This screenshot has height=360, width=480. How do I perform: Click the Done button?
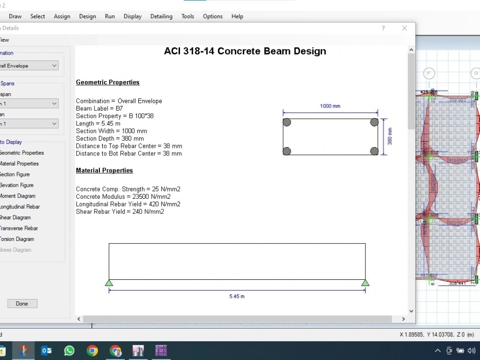tap(22, 303)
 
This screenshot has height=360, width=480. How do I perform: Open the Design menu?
tap(87, 16)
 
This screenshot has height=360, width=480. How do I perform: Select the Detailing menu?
tap(161, 16)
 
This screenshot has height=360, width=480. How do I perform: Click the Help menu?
tap(237, 16)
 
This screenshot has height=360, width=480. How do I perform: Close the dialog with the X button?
tap(404, 28)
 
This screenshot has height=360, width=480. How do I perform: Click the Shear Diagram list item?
tap(15, 217)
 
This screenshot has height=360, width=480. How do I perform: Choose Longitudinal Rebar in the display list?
tap(19, 207)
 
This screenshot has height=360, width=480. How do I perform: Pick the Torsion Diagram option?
tap(17, 239)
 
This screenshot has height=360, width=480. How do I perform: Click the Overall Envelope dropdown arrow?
tap(54, 66)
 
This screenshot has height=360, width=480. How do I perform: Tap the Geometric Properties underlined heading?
tap(108, 82)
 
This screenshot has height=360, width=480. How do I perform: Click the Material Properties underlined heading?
tap(104, 170)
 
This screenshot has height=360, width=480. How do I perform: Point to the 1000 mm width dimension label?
tap(330, 106)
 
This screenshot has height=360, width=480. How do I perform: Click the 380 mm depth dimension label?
tap(390, 136)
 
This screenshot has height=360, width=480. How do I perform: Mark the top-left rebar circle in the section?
tap(287, 122)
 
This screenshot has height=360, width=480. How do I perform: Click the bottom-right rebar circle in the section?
tap(374, 151)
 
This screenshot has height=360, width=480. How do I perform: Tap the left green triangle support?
tap(109, 283)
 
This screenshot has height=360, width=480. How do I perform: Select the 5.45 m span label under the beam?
tap(237, 296)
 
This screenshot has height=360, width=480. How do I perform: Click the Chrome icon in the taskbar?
tap(92, 351)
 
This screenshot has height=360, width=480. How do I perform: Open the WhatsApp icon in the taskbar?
tap(69, 351)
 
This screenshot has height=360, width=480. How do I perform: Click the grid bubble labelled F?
tap(429, 73)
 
